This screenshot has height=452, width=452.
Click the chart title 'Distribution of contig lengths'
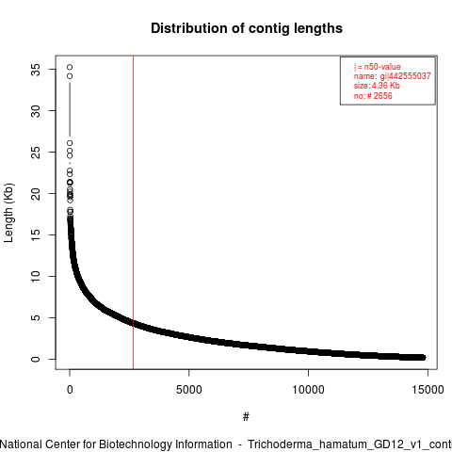pos(247,28)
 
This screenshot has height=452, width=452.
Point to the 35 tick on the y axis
pos(36,70)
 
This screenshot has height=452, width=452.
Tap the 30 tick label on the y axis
pos(36,111)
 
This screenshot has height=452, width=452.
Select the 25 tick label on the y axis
pos(36,153)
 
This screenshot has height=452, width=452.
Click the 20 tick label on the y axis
pos(36,194)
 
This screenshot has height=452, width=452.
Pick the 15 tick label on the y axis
pos(36,235)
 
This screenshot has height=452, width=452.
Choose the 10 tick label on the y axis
pos(36,277)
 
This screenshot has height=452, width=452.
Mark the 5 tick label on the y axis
pos(36,317)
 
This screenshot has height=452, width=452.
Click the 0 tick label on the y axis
pos(36,359)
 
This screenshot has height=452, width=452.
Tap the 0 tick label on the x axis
pos(70,390)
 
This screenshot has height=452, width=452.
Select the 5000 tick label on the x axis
pos(189,390)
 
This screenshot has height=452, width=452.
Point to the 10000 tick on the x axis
pos(308,390)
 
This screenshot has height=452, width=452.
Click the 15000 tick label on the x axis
pos(428,390)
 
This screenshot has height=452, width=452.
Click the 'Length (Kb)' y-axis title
pos(8,213)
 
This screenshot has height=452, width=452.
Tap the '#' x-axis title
pos(246,417)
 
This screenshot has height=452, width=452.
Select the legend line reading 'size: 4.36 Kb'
pos(377,86)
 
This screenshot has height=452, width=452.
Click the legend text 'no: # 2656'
pos(373,95)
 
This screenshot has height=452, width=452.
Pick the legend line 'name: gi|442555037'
pos(393,76)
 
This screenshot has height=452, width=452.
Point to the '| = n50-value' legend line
pos(378,67)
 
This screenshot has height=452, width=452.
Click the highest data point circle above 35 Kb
pos(70,67)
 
